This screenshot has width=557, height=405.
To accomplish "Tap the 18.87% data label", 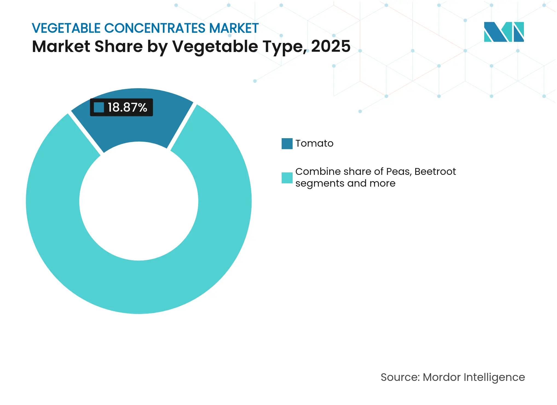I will pos(127,107).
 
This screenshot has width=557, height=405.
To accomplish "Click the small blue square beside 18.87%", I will pos(99,107).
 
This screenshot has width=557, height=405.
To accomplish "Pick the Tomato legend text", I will pos(314,143).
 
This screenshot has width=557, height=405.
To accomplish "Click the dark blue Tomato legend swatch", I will pos(287,144).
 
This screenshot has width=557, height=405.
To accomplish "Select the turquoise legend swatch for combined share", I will pos(287,178).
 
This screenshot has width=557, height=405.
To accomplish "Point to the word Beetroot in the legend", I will pos(435,172).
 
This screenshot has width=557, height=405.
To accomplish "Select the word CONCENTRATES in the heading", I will pos(155,28).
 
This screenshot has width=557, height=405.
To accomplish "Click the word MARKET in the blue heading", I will pos(234,28).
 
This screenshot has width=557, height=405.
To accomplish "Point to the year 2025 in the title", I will pos(331,46).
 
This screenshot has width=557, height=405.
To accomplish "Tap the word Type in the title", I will pos(285,46).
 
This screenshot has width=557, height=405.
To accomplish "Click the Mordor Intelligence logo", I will pos(504,32).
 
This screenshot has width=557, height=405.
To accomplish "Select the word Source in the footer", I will pos(400,377).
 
